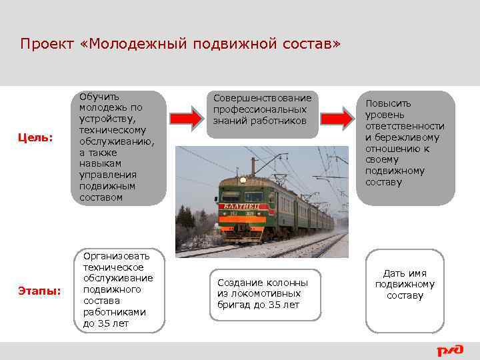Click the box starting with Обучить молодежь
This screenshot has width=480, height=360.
coord(119,147)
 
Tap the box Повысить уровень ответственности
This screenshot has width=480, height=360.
coord(405,148)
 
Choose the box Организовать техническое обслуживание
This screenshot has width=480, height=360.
coord(119,290)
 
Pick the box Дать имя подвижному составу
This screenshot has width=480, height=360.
coord(405,290)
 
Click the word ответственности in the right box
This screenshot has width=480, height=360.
coord(405,126)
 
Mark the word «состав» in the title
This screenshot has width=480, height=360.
coord(310,45)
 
